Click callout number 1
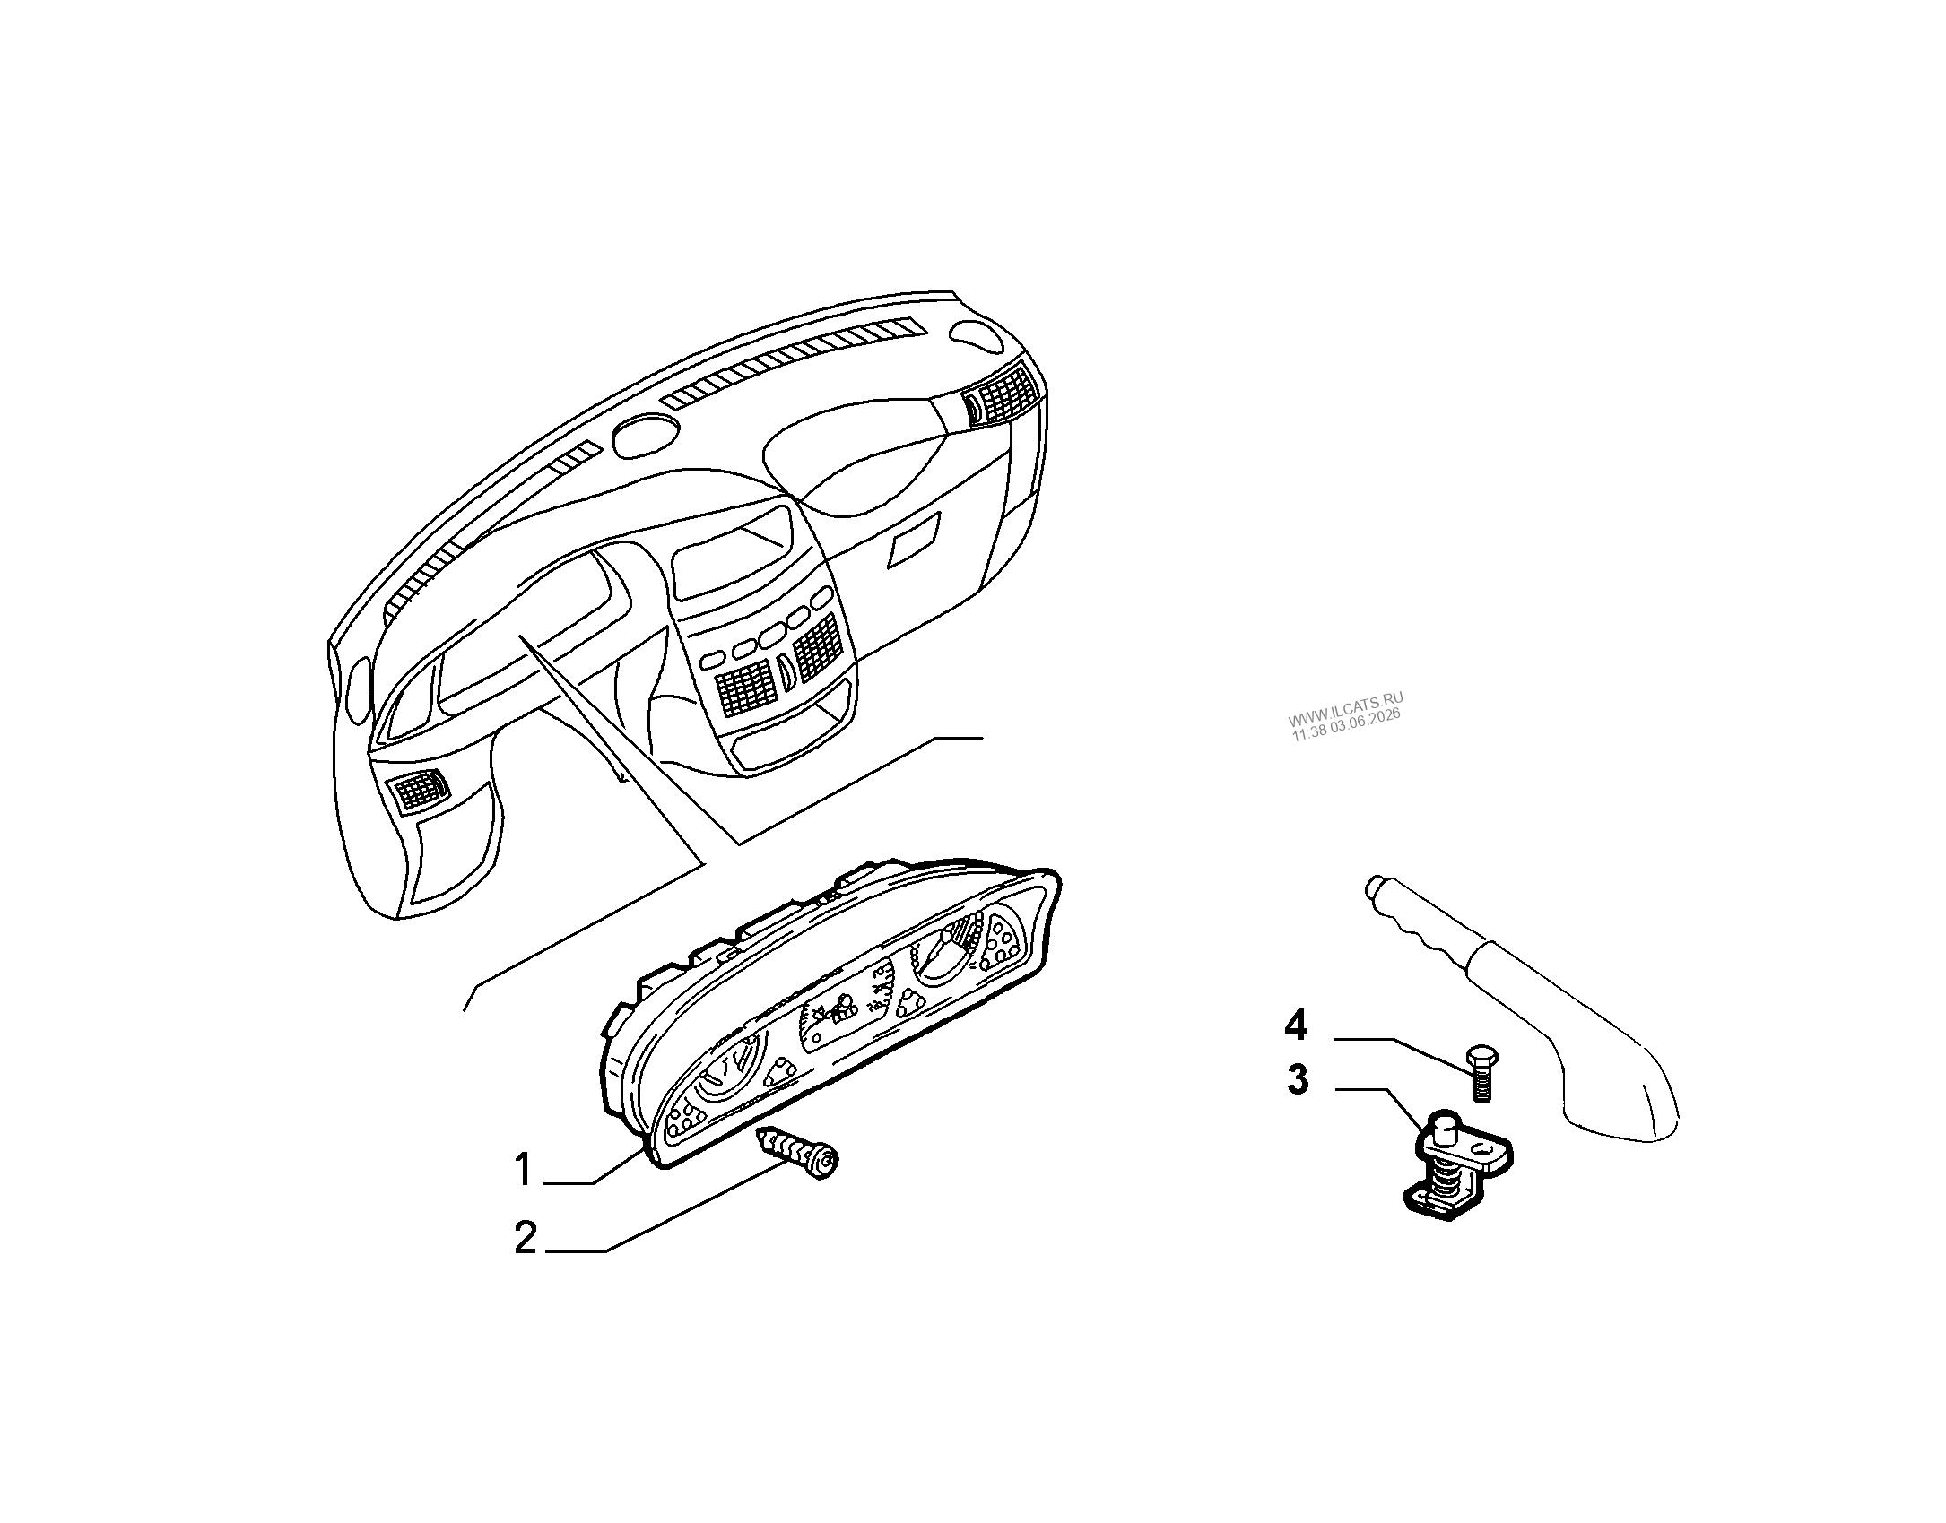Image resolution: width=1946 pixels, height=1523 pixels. (x=524, y=1171)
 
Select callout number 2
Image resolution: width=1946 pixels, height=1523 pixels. (x=526, y=1238)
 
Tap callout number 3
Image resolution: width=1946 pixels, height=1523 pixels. (x=1298, y=1079)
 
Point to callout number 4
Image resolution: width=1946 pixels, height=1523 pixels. (x=1296, y=1025)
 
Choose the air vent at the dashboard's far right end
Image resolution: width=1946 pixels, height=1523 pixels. (x=1001, y=394)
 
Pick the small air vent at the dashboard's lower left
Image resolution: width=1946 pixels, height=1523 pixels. (x=418, y=789)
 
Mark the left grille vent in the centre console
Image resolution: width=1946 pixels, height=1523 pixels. (x=745, y=688)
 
